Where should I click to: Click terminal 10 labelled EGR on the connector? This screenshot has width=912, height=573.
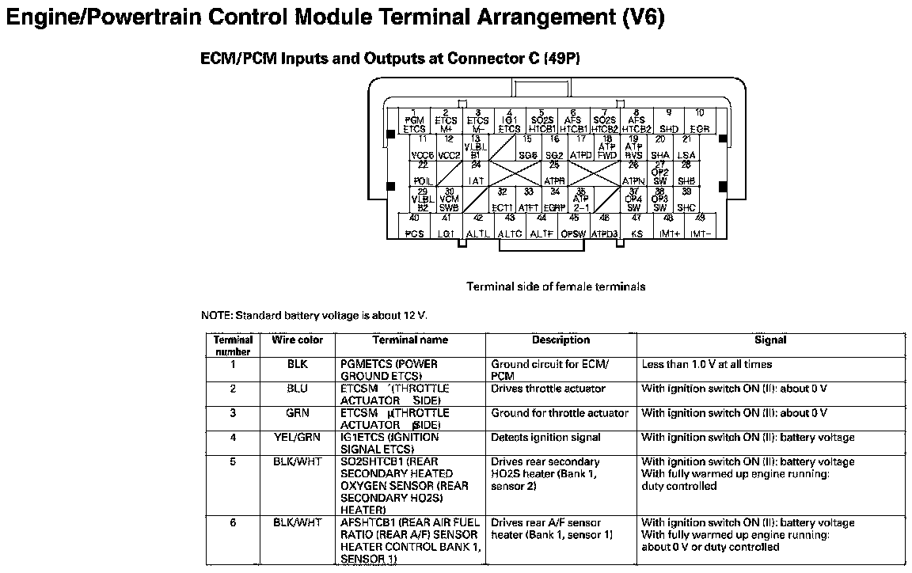(x=700, y=121)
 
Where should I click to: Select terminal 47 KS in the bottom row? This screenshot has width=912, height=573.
(x=636, y=226)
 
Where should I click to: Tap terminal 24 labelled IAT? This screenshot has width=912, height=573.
(x=476, y=174)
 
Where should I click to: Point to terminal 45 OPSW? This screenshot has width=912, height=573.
(x=573, y=226)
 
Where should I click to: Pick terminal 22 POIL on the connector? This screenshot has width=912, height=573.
(x=423, y=174)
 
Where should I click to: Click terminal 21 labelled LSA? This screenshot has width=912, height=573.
(x=686, y=148)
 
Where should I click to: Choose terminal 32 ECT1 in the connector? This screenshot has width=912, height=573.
(x=502, y=200)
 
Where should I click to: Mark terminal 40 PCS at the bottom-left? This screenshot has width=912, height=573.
(x=414, y=226)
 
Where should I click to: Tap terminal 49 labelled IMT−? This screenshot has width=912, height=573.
(x=700, y=226)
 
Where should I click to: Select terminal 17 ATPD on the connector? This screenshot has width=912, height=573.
(x=581, y=148)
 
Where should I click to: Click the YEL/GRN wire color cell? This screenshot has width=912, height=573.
(x=298, y=437)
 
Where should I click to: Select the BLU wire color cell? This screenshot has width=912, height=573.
(x=298, y=389)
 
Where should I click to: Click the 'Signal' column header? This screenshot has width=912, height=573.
(x=770, y=340)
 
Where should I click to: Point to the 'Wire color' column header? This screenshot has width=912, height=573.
(x=298, y=340)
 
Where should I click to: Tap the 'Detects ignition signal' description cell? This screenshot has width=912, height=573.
(x=545, y=437)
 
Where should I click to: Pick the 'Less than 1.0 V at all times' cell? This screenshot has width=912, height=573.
(x=706, y=364)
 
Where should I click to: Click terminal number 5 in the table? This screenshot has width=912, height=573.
(x=233, y=461)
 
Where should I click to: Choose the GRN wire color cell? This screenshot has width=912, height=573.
(x=298, y=412)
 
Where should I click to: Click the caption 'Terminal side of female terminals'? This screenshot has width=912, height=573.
(x=556, y=286)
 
